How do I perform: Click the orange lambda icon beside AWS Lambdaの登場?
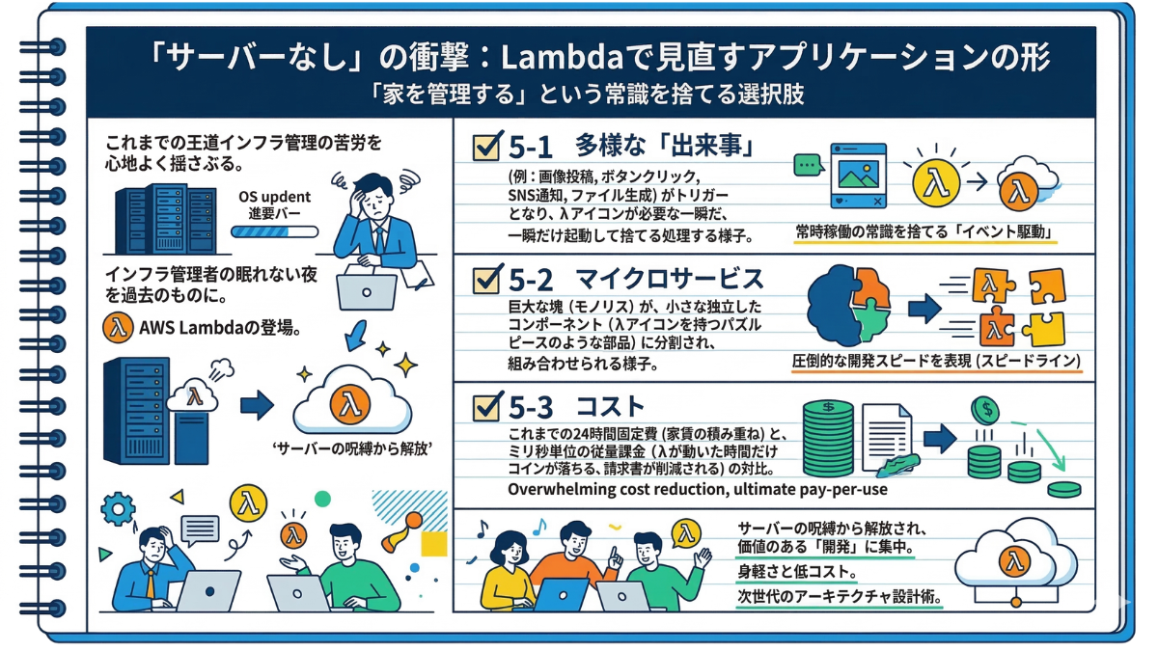pyautogui.click(x=116, y=327)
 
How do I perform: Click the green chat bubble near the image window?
pyautogui.click(x=806, y=167)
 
